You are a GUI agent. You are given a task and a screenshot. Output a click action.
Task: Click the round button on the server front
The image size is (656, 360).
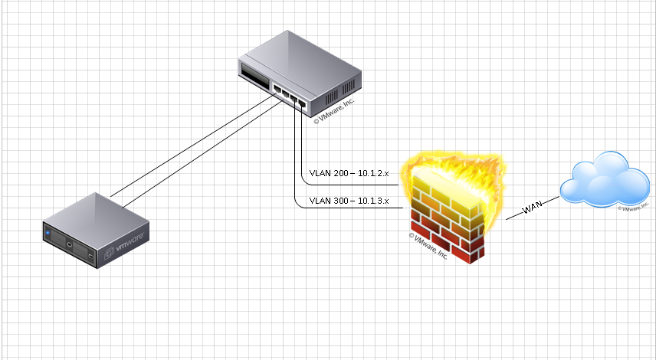pyautogui.click(x=69, y=244)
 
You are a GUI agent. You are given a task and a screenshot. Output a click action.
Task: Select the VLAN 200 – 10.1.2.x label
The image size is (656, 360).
pyautogui.click(x=349, y=174)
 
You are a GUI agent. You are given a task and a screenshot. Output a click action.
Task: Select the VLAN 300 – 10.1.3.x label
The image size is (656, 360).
pyautogui.click(x=349, y=201)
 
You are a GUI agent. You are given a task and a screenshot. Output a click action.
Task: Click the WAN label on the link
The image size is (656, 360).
pyautogui.click(x=533, y=208)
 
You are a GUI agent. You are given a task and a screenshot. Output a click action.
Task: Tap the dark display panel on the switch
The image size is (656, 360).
pyautogui.click(x=254, y=77)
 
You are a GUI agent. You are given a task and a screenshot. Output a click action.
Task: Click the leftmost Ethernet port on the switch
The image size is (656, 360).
pyautogui.click(x=276, y=90)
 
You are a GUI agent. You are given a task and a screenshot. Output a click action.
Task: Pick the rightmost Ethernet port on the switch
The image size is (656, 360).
pyautogui.click(x=303, y=103)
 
